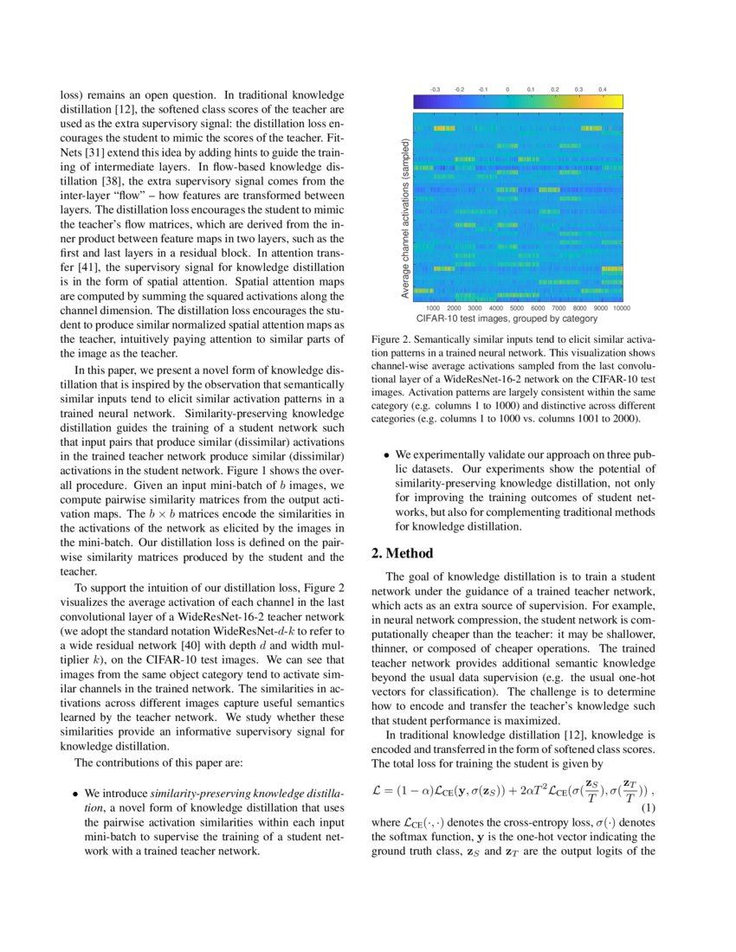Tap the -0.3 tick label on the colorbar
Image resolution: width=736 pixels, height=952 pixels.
coord(436,89)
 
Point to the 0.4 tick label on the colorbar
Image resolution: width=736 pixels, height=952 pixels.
coord(602,89)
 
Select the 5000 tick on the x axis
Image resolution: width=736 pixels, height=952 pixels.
coord(517,307)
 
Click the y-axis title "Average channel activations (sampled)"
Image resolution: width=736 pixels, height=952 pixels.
coord(405,220)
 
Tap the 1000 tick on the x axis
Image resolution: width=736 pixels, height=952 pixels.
coord(433,307)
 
